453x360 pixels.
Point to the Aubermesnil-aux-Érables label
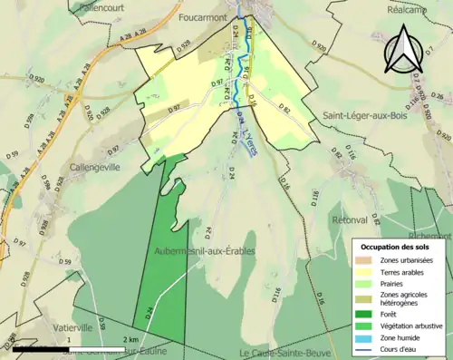(204, 250)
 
